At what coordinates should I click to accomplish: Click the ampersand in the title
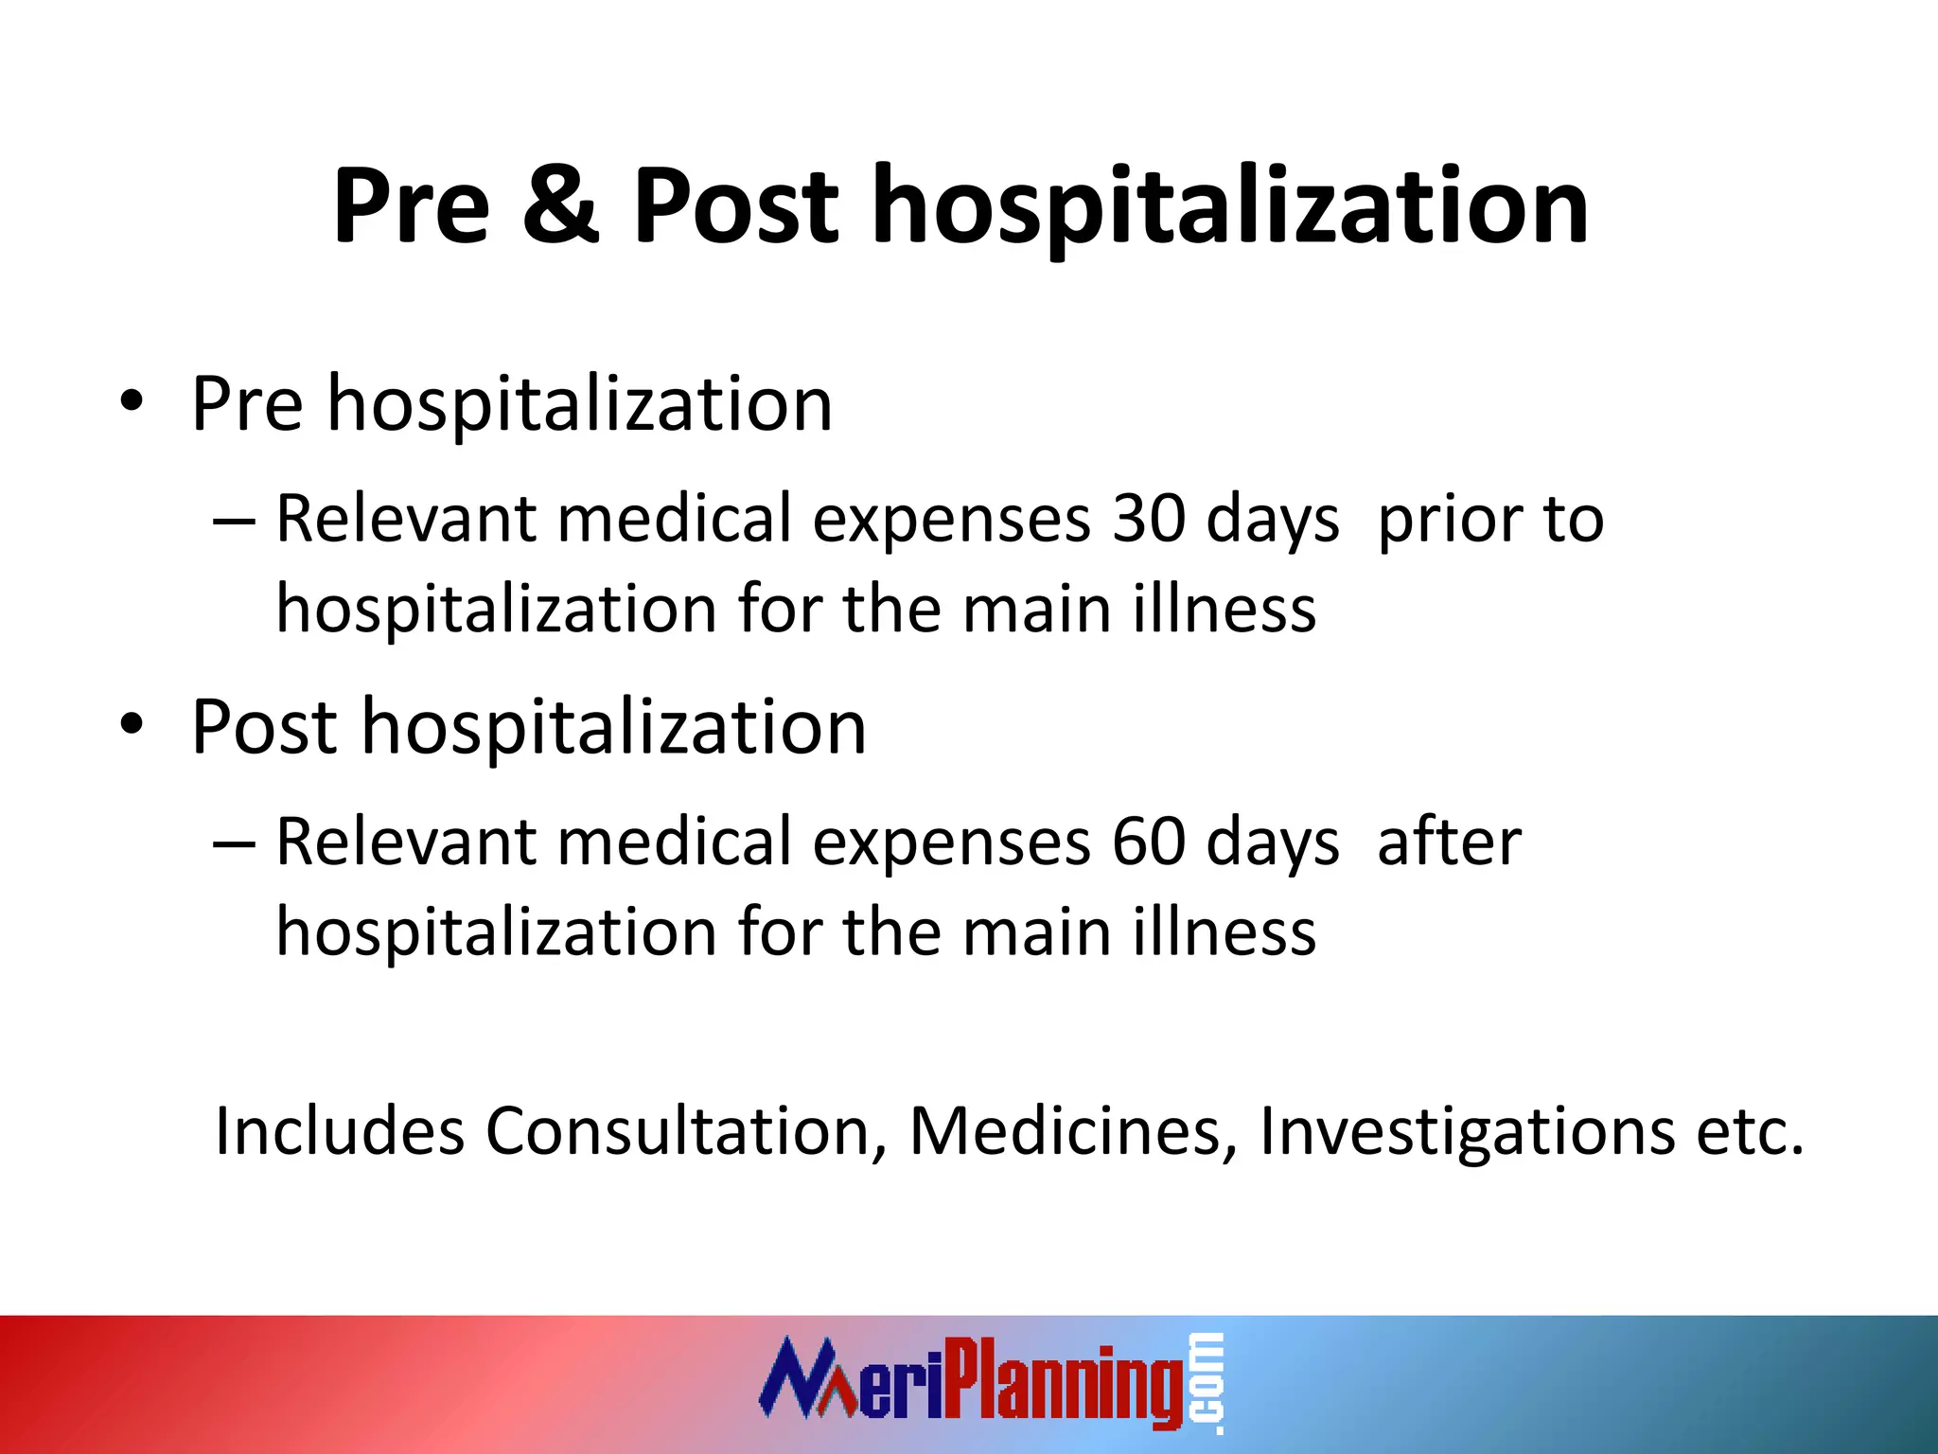[x=560, y=204]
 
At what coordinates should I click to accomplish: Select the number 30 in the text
[x=1148, y=519]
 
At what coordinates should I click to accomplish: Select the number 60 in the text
[x=1148, y=842]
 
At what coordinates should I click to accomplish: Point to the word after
[x=1449, y=842]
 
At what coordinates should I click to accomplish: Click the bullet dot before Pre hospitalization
[x=132, y=402]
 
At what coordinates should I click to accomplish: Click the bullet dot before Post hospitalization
[x=132, y=725]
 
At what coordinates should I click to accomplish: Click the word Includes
[x=339, y=1130]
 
